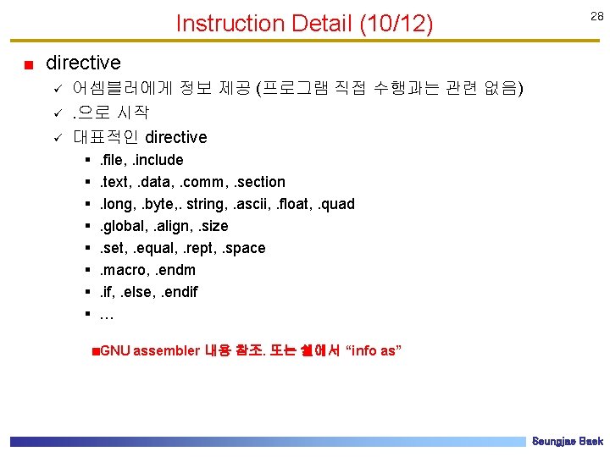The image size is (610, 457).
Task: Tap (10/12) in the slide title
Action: click(x=396, y=24)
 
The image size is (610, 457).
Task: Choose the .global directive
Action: click(x=122, y=226)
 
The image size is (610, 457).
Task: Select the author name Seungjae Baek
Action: click(x=567, y=442)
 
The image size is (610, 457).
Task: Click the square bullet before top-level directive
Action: click(x=28, y=64)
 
